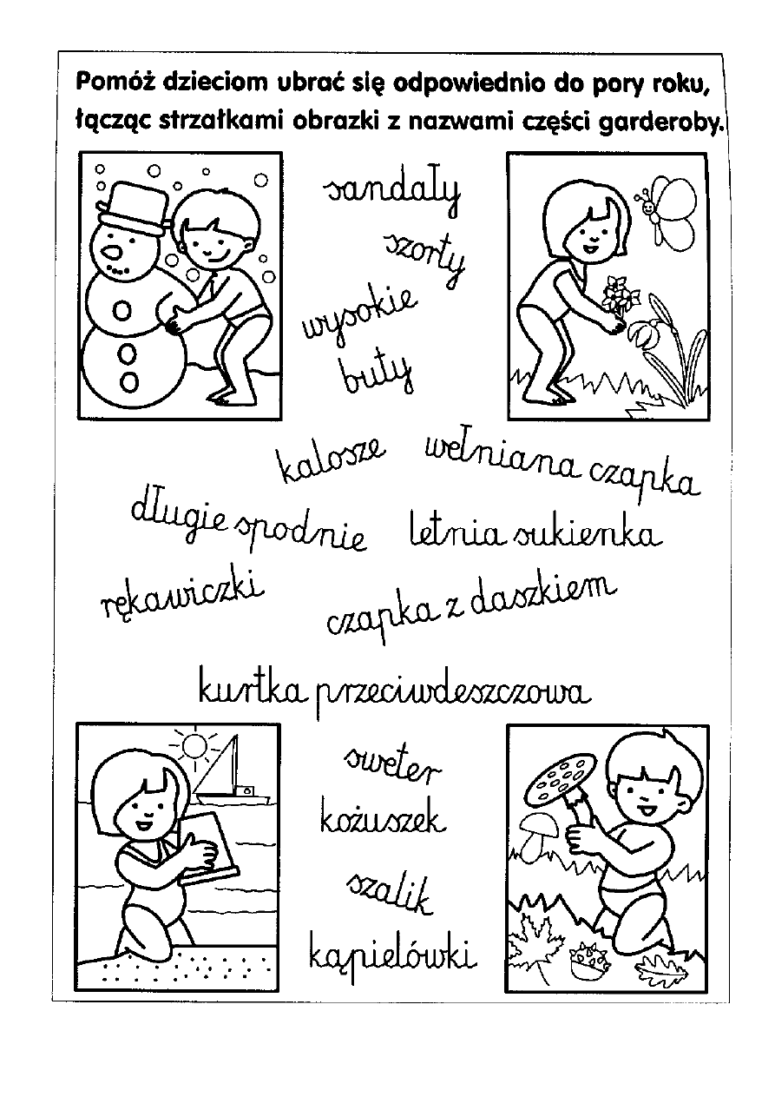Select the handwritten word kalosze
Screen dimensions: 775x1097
329,459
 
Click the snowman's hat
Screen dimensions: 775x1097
132,208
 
